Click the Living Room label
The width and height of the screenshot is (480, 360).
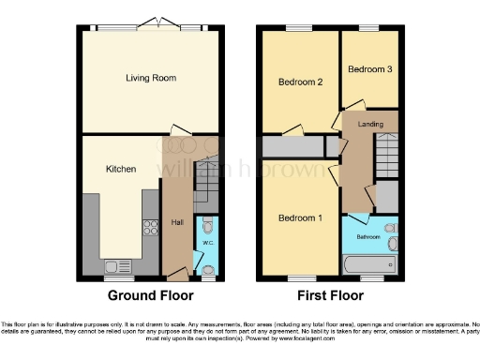click(x=151, y=78)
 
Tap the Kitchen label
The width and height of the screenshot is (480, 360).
click(x=121, y=169)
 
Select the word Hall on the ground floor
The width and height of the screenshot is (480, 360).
click(x=177, y=222)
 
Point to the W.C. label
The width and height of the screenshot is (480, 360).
click(x=207, y=246)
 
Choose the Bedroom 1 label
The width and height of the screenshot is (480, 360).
click(x=301, y=218)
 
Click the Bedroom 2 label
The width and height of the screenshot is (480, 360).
click(x=301, y=82)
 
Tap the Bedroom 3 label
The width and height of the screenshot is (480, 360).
click(x=368, y=69)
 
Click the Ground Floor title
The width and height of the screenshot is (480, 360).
click(x=151, y=295)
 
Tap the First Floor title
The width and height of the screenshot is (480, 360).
click(x=331, y=295)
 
